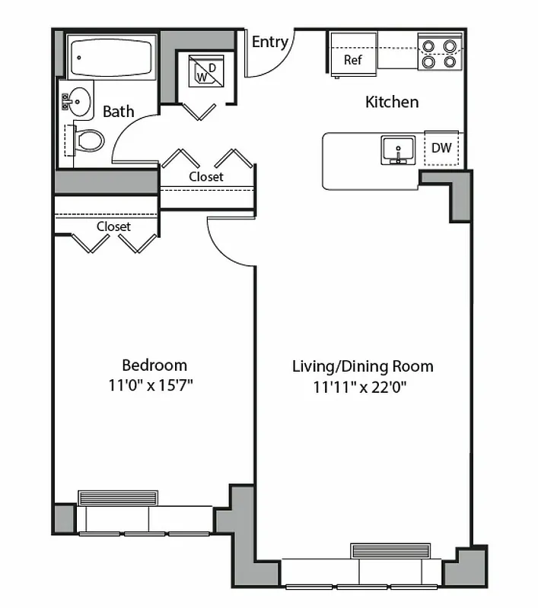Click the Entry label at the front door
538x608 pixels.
[x=269, y=42]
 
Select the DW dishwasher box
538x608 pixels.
[x=441, y=148]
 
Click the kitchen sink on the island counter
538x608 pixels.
[x=398, y=150]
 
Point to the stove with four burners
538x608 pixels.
[x=440, y=52]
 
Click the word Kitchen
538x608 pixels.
[x=392, y=102]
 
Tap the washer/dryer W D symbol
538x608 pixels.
[x=204, y=71]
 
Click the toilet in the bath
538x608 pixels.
[x=88, y=140]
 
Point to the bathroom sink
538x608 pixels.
[x=75, y=100]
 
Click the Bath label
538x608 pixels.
[x=118, y=112]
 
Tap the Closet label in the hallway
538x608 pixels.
[x=206, y=176]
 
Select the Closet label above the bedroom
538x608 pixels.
[x=113, y=226]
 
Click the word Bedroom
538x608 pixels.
[x=154, y=365]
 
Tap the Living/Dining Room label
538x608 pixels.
[x=362, y=366]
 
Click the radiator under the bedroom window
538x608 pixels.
[x=118, y=498]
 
